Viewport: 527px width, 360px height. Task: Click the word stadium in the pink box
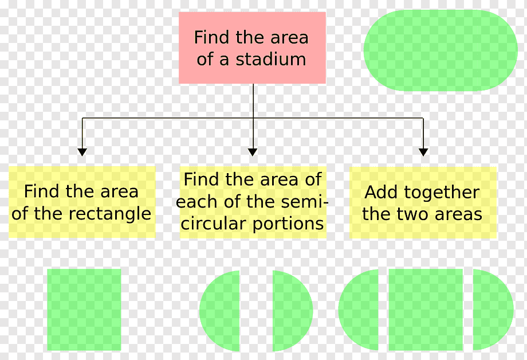pyautogui.click(x=271, y=59)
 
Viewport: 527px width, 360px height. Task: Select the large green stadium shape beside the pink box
pyautogui.click(x=441, y=50)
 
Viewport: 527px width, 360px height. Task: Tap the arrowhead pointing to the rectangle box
pyautogui.click(x=82, y=152)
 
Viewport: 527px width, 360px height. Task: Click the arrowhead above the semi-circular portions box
pyautogui.click(x=253, y=152)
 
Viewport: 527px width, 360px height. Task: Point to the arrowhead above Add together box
pyautogui.click(x=423, y=152)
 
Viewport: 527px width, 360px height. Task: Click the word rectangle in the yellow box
pyautogui.click(x=109, y=214)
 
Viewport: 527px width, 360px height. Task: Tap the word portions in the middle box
pyautogui.click(x=288, y=224)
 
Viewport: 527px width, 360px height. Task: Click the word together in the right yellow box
pyautogui.click(x=442, y=193)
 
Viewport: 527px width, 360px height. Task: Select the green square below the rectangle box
pyautogui.click(x=84, y=310)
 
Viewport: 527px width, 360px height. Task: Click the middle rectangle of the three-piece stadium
pyautogui.click(x=426, y=310)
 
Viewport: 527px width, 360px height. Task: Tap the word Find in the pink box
pyautogui.click(x=213, y=37)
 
